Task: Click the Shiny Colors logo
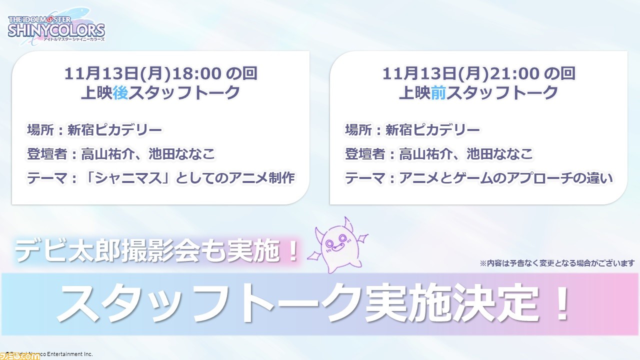click(x=56, y=27)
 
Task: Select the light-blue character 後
click(x=120, y=93)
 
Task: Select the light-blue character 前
click(x=438, y=93)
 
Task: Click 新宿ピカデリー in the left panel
click(x=114, y=130)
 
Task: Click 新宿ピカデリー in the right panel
click(x=432, y=130)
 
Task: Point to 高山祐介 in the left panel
click(x=107, y=154)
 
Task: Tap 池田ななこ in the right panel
click(x=499, y=154)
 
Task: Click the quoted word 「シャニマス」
click(x=127, y=178)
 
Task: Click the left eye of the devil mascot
click(x=329, y=243)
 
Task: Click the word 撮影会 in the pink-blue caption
click(x=160, y=251)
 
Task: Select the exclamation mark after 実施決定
click(x=561, y=303)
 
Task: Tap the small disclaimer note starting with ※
click(x=557, y=263)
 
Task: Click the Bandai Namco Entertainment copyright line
click(x=49, y=354)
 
